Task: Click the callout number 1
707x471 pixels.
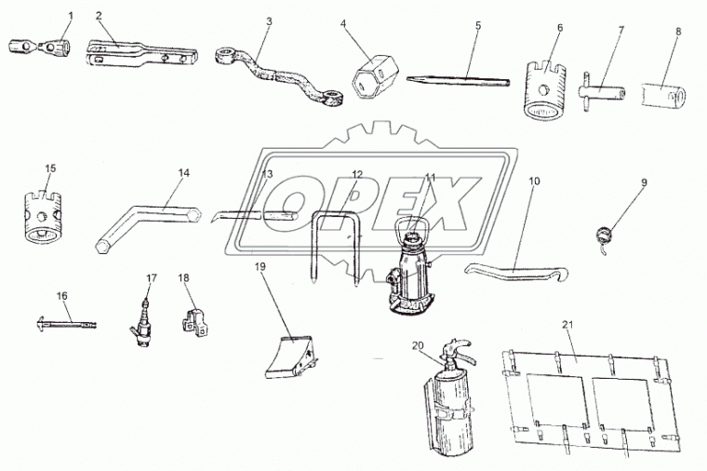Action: point(71,15)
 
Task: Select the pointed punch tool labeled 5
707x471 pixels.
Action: point(458,80)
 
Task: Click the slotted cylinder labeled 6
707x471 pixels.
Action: point(544,89)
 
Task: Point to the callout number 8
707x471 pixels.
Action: point(678,32)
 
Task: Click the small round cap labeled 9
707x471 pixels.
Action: point(604,237)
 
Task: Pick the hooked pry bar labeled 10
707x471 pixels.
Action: point(516,271)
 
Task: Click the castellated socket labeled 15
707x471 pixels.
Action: point(42,218)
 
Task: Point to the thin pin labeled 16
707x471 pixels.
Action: point(66,324)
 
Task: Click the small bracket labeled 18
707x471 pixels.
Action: point(195,321)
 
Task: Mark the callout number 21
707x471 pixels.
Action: point(567,324)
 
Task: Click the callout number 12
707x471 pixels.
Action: point(357,174)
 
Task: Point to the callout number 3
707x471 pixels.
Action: point(269,21)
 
